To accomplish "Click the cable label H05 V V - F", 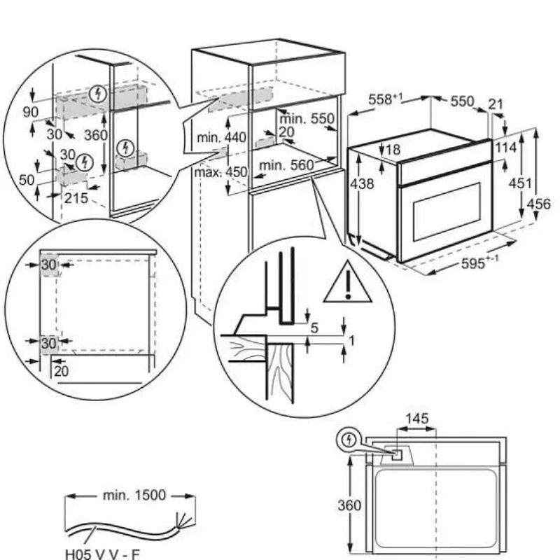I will [x=102, y=552].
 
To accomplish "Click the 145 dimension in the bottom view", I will [x=416, y=419].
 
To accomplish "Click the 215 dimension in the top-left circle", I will [x=76, y=198].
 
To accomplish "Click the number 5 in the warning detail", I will [x=314, y=328].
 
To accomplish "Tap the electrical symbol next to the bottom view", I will [x=347, y=440].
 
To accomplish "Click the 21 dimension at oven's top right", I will [x=496, y=104].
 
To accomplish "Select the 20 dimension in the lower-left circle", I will [x=62, y=371].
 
